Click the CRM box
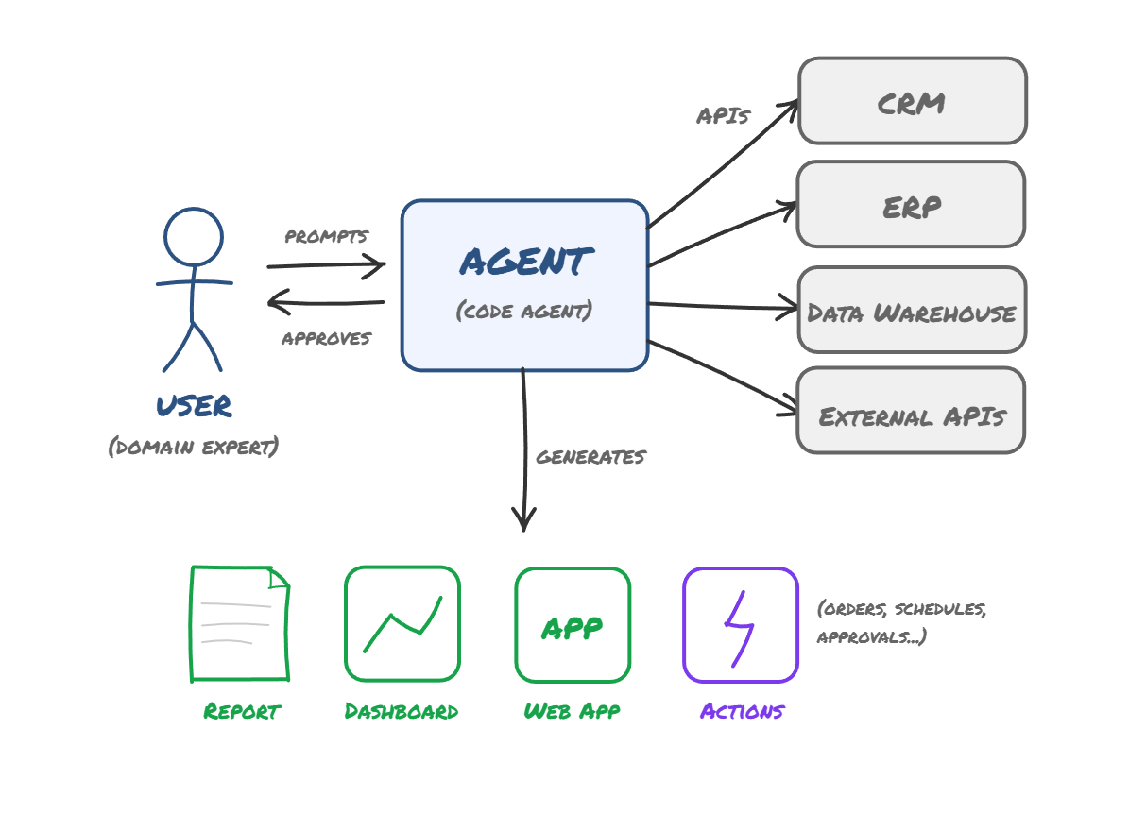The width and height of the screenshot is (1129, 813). point(912,101)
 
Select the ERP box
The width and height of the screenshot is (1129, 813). point(911,205)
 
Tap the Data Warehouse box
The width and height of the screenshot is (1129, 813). point(912,311)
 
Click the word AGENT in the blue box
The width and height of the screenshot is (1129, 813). point(525,262)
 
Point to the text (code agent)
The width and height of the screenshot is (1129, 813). point(524,311)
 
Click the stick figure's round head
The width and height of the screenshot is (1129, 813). point(194,236)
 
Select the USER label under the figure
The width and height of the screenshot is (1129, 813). point(194,406)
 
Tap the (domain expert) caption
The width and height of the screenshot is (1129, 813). point(194,446)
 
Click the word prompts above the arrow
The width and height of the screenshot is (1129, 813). point(327,236)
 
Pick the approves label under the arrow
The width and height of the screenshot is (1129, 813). point(327,338)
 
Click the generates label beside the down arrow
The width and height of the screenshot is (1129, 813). point(590,457)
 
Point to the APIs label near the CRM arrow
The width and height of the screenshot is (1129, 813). point(723,116)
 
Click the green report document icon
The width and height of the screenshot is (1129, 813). point(239,623)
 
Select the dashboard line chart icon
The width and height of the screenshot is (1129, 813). point(402,623)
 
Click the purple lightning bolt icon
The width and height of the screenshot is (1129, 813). point(740,625)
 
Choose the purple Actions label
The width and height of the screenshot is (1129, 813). point(742,711)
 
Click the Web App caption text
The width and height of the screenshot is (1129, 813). point(572,711)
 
